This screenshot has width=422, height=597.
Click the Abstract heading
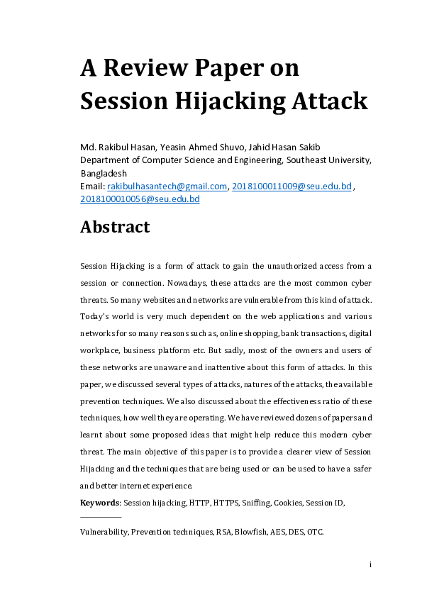coord(115,227)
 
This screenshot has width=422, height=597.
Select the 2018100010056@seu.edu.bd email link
coord(140,199)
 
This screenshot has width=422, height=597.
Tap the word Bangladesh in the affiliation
coord(104,173)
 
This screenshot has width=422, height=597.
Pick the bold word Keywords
coord(100,503)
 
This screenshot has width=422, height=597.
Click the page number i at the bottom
coord(370,564)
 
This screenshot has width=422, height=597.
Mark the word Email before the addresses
coord(91,186)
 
